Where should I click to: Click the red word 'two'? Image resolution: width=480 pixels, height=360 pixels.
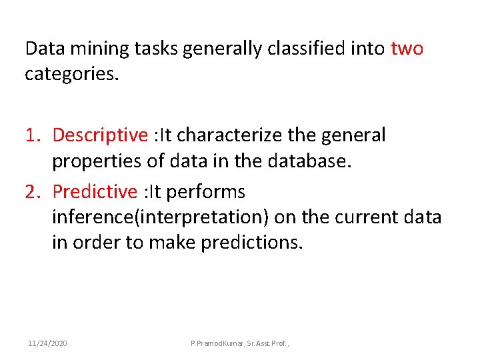pyautogui.click(x=407, y=49)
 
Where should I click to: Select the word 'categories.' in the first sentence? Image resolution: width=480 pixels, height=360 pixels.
pyautogui.click(x=71, y=74)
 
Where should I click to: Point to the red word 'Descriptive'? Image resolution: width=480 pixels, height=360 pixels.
pyautogui.click(x=100, y=135)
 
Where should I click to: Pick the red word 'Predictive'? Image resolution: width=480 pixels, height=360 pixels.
pyautogui.click(x=95, y=192)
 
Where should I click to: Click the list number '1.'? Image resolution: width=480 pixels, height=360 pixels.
pyautogui.click(x=34, y=135)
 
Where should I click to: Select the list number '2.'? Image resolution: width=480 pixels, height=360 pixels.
pyautogui.click(x=34, y=192)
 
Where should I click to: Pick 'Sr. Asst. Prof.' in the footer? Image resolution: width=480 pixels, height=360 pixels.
pyautogui.click(x=275, y=343)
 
